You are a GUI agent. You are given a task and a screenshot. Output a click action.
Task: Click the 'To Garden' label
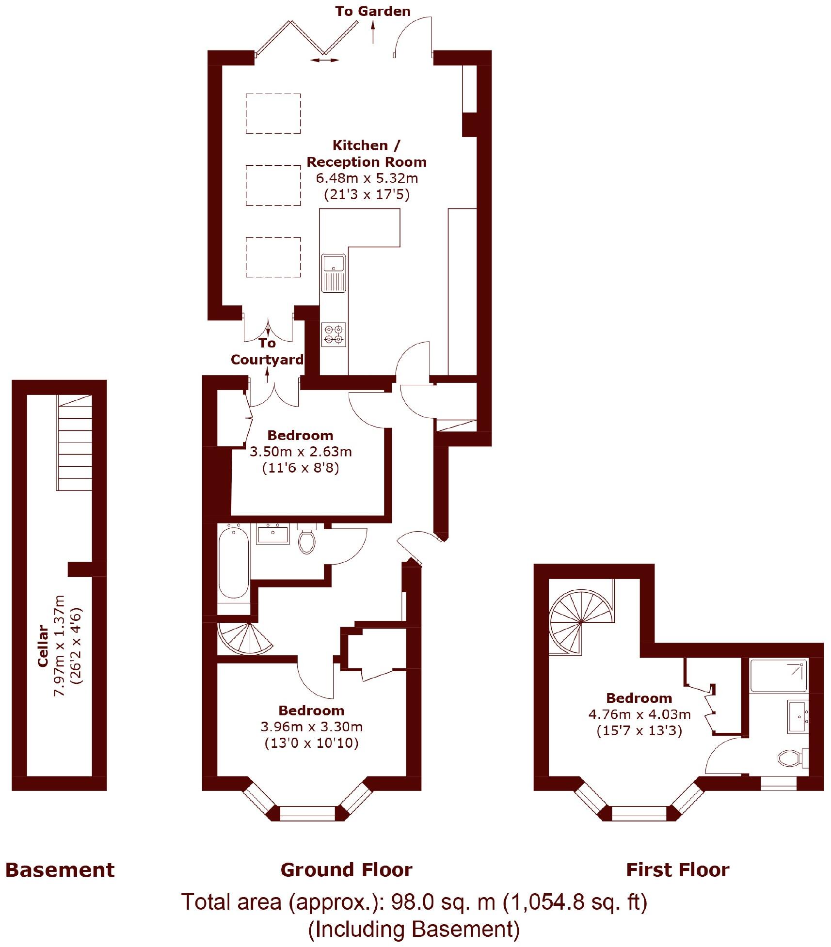[x=372, y=11]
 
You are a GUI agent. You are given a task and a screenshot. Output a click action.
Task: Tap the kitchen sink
[x=334, y=273]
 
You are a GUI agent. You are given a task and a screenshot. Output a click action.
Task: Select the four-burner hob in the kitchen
[x=334, y=334]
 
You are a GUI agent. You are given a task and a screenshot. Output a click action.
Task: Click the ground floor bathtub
[x=234, y=563]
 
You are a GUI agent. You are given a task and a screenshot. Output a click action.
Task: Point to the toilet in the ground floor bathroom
[x=307, y=540]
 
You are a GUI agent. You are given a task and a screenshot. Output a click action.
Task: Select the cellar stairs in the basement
[x=75, y=442]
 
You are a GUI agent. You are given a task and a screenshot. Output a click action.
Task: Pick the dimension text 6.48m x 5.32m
[x=367, y=178]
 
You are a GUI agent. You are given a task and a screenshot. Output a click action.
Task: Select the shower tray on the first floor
[x=779, y=675]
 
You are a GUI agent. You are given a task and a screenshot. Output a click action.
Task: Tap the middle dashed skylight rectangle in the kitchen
[x=273, y=185]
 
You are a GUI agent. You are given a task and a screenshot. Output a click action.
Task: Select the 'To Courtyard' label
[x=267, y=351]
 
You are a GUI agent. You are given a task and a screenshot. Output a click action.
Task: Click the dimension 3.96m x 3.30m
[x=311, y=726]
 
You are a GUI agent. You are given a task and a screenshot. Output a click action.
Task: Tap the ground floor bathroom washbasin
[x=272, y=535]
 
